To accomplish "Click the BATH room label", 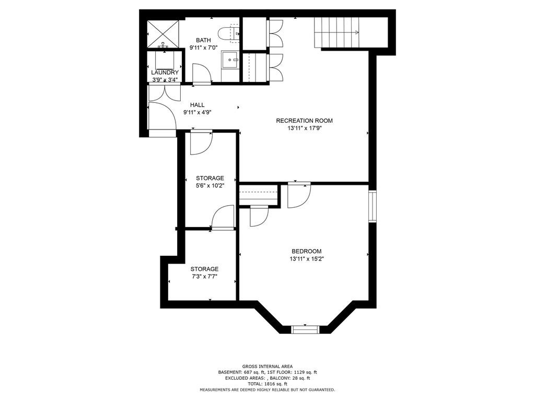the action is coord(203,40).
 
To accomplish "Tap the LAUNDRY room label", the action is coord(165,73).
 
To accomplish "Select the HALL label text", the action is coord(197,105).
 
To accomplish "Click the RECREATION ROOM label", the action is coord(305,121).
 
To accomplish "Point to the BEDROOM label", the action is coord(306,251).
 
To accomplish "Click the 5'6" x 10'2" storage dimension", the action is coord(210,186).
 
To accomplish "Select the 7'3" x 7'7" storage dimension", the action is coord(204,277).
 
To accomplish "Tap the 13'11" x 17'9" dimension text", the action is coord(305,128).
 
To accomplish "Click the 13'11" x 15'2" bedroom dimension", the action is coord(307,259).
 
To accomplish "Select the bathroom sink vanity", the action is coord(230,60).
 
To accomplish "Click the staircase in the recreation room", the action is coord(336,33).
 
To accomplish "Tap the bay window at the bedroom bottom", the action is coord(305,329).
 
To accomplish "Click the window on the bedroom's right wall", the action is coord(372,207).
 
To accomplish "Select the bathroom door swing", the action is coord(202,73).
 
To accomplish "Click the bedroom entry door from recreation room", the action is coord(299,195).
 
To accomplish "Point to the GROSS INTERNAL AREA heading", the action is coord(267,367).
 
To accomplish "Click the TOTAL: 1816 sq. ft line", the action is coord(267,384).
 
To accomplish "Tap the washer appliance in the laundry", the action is coord(165,60).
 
